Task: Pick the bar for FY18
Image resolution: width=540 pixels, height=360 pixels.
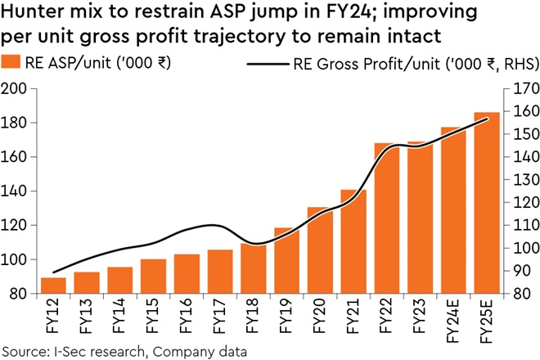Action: click(254, 269)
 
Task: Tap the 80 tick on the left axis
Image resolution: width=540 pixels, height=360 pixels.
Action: click(19, 294)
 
